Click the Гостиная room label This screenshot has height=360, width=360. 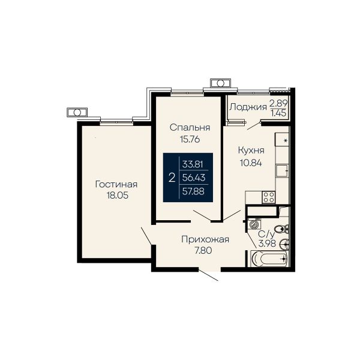[116, 184]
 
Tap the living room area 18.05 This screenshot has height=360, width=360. [118, 196]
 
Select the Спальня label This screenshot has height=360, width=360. [190, 127]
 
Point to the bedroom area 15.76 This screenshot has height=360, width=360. [190, 139]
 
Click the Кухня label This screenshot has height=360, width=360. [251, 151]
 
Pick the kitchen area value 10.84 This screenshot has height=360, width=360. [251, 163]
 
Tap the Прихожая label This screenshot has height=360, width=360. [205, 239]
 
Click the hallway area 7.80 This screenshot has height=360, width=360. [203, 250]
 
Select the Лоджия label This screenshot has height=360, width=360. [248, 107]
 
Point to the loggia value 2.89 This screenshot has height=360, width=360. [278, 103]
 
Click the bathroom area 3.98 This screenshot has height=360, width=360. [267, 243]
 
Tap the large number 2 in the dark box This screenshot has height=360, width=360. [172, 178]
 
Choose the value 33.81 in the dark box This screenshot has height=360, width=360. [193, 164]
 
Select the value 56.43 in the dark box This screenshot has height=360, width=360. [194, 178]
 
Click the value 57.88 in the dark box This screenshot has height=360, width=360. [193, 191]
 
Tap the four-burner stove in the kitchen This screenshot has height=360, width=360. [269, 197]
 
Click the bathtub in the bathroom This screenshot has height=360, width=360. [269, 259]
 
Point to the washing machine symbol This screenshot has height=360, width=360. [254, 224]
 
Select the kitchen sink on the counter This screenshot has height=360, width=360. [282, 171]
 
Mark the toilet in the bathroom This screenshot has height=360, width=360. [281, 229]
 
